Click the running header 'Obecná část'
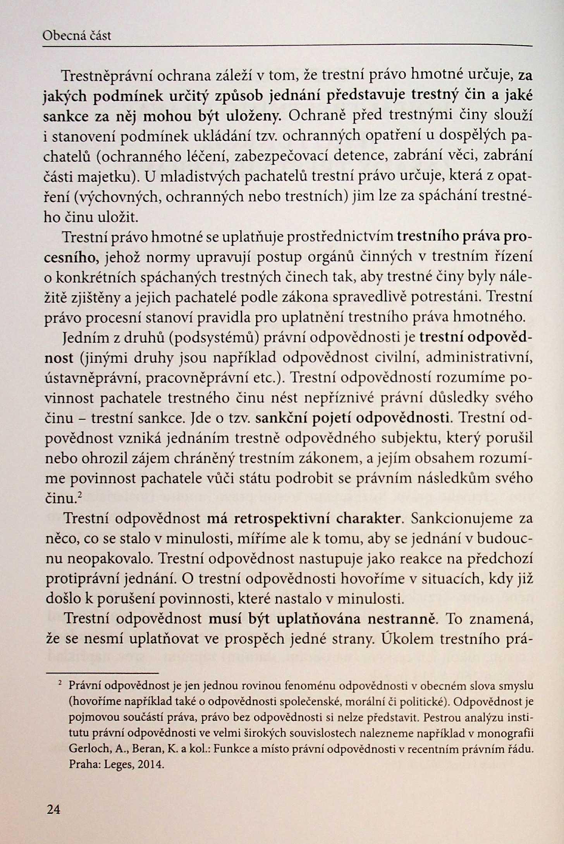pyautogui.click(x=77, y=36)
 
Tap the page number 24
pyautogui.click(x=53, y=809)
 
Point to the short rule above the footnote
pyautogui.click(x=102, y=673)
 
